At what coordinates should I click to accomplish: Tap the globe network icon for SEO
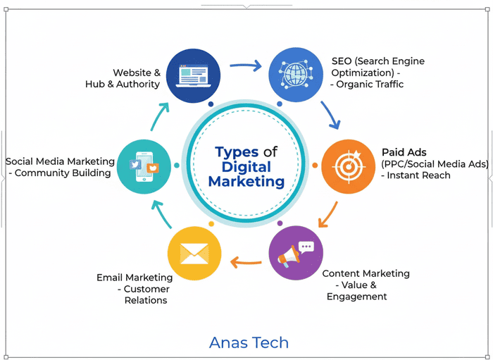(295, 73)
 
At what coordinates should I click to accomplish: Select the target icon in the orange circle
(348, 166)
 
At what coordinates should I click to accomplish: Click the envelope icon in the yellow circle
(194, 253)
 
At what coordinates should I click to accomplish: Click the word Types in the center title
(237, 152)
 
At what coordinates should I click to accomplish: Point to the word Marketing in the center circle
(251, 182)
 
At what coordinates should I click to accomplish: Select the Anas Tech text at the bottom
(249, 343)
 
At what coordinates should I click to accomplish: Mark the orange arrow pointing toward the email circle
(246, 264)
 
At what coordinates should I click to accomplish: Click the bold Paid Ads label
(404, 152)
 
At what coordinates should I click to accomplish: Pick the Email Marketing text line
(135, 278)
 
